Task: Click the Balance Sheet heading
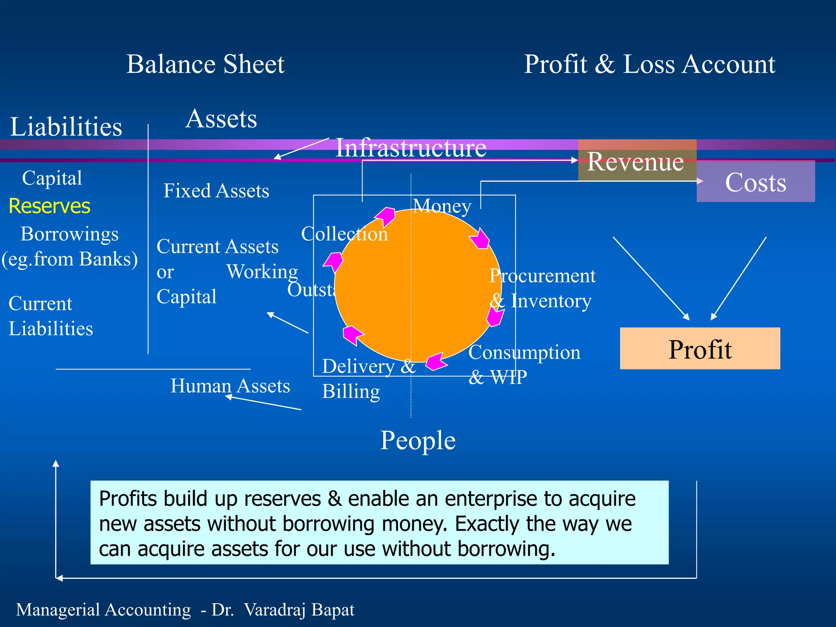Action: coord(205,64)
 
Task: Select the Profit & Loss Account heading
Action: coord(649,64)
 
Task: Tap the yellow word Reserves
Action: coord(49,206)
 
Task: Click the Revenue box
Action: coord(637,160)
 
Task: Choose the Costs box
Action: coord(756,182)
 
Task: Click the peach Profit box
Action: coord(700,349)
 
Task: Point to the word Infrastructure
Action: coord(411,148)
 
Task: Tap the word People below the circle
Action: coord(418,440)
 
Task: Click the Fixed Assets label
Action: coord(216,191)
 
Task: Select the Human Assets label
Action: coord(230,386)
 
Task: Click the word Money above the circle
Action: coord(442,206)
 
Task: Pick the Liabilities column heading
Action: coord(66,127)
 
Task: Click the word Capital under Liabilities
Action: coord(52,178)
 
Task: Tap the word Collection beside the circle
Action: coord(345,234)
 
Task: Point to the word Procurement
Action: coord(543,276)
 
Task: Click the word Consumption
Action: coord(525,352)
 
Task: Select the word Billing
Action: coord(351,391)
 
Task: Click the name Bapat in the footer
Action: coord(333,609)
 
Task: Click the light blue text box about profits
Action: coord(379,522)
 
